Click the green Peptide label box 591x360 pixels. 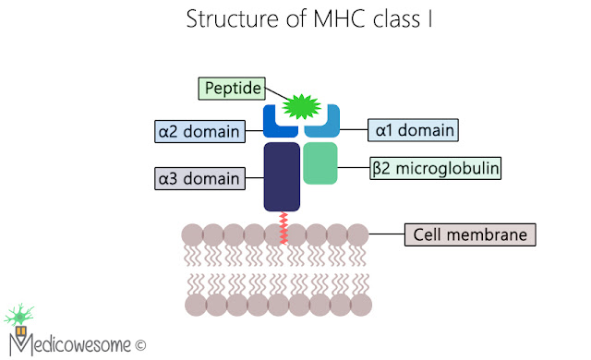(x=230, y=89)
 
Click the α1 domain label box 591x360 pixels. (x=413, y=130)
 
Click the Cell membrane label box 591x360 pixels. (x=470, y=234)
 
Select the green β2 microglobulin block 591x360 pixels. (x=320, y=162)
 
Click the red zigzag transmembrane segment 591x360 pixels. (x=283, y=229)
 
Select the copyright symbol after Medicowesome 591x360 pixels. (x=140, y=345)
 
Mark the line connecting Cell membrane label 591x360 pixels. (x=387, y=234)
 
